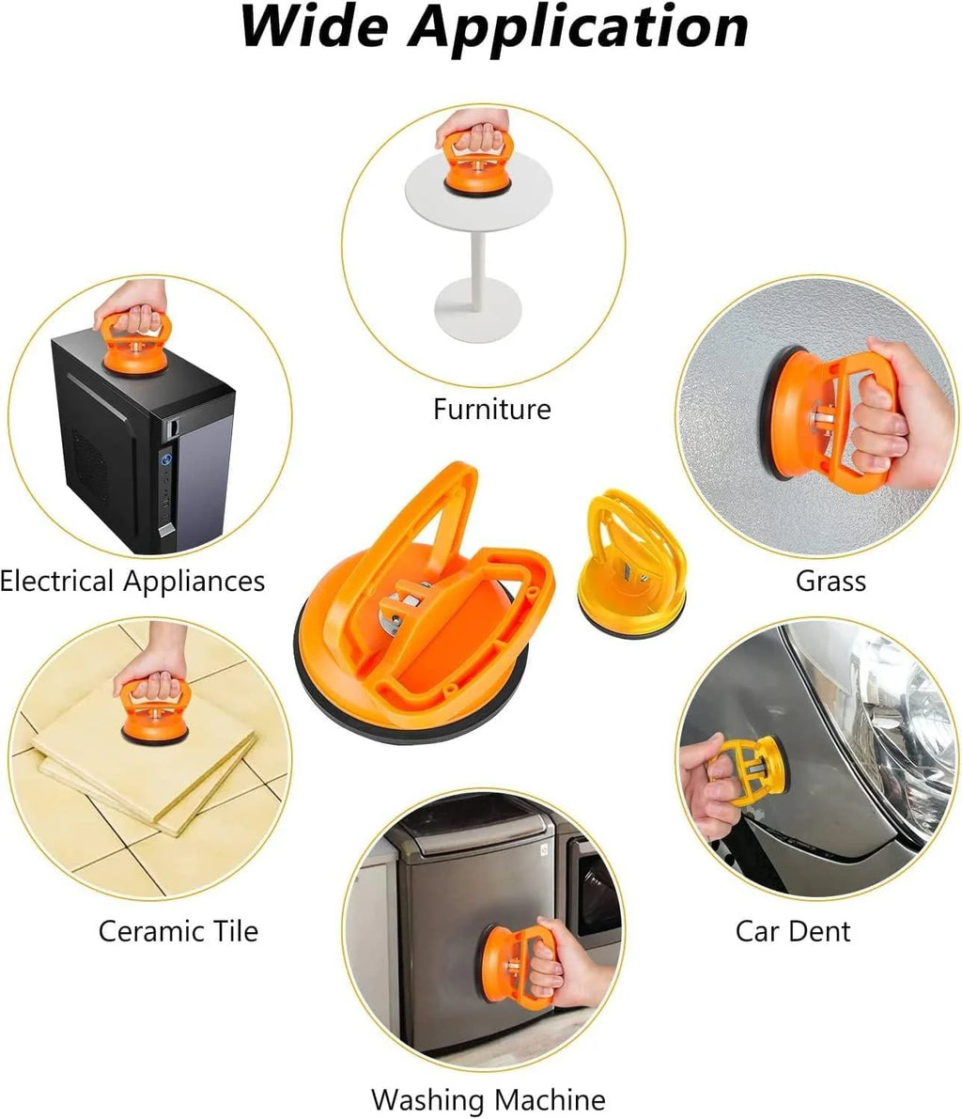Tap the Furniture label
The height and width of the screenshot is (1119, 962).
491,409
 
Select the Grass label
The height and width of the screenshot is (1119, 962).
830,581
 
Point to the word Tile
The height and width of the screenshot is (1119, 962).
230,931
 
